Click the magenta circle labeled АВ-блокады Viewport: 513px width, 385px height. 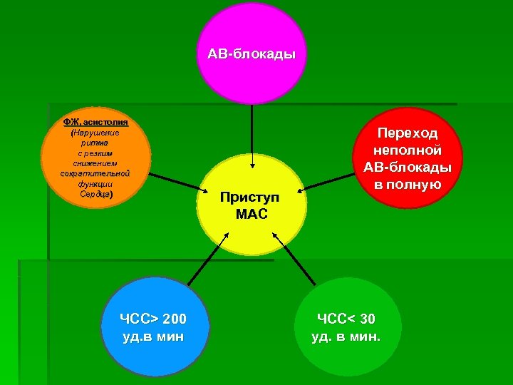click(x=251, y=53)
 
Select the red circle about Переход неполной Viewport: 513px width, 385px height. click(x=408, y=159)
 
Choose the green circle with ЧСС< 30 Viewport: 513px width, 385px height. click(x=347, y=326)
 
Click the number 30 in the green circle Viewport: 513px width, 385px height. click(x=366, y=318)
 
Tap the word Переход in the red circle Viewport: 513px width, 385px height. click(x=408, y=133)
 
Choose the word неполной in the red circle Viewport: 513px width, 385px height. click(x=408, y=150)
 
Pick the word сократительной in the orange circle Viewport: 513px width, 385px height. click(x=95, y=173)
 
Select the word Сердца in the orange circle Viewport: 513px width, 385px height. click(x=95, y=193)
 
